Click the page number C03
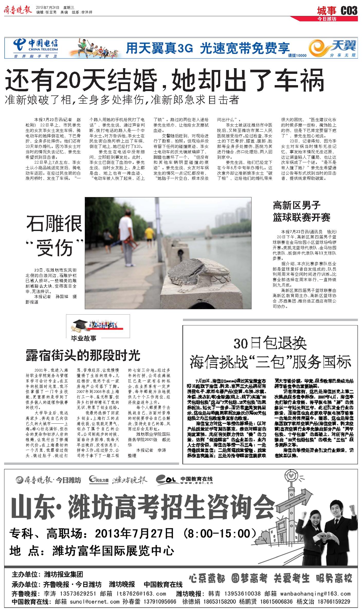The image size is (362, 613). (349, 11)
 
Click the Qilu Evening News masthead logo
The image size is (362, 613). (18, 10)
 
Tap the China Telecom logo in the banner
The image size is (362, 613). (36, 46)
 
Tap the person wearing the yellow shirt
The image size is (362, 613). (149, 234)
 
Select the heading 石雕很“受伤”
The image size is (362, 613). (55, 236)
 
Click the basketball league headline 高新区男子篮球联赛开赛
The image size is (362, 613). (301, 211)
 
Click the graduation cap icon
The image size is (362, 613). (79, 324)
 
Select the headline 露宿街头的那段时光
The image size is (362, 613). (83, 356)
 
